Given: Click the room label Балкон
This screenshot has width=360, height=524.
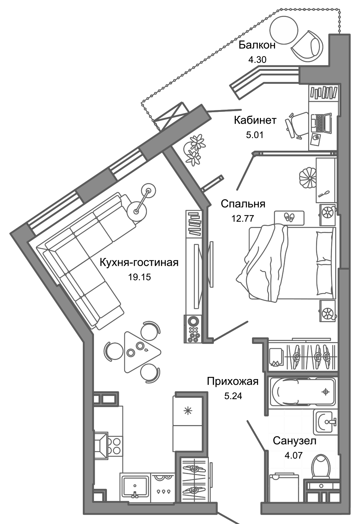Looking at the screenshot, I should (x=257, y=45).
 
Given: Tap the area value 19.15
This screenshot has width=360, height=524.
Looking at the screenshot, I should (x=139, y=277).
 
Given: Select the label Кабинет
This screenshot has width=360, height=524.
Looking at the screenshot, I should (x=255, y=120).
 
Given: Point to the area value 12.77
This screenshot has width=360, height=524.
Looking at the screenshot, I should (x=243, y=218).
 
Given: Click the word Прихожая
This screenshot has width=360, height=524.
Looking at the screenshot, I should (x=233, y=381).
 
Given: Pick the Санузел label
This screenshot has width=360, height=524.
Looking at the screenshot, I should (x=294, y=441).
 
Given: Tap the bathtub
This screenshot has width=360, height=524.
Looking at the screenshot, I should (x=302, y=392).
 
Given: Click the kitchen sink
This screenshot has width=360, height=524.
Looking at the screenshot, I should (x=135, y=486).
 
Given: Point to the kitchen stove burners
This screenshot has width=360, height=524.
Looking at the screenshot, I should (x=116, y=445).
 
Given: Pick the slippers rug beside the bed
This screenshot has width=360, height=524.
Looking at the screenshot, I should (x=289, y=217).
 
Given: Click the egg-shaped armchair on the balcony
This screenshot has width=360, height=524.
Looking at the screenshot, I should (x=309, y=47).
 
